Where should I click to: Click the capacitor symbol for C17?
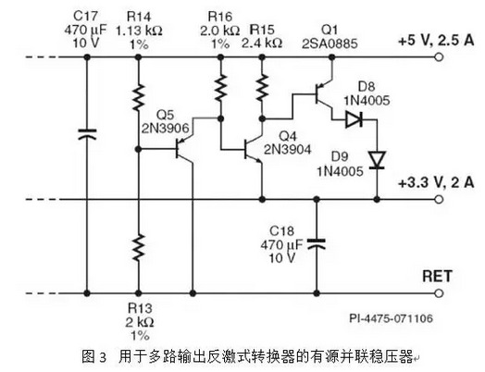tap(87, 134)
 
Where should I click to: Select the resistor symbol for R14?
tap(139, 97)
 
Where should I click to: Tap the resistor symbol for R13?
tap(139, 247)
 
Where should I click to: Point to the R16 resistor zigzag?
tap(220, 87)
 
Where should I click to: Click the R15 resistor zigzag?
tap(262, 87)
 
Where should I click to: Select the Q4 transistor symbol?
tap(254, 149)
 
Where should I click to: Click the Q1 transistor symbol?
tap(324, 93)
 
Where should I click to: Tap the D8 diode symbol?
tap(354, 119)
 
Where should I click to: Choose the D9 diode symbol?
tap(377, 160)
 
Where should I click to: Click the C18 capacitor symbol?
tap(317, 243)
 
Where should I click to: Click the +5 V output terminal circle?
tap(439, 57)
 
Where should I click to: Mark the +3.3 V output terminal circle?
tap(439, 200)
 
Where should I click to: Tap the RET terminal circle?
tap(439, 293)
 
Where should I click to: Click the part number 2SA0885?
tap(330, 43)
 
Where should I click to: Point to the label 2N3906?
tap(165, 128)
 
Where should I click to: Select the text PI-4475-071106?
tap(392, 318)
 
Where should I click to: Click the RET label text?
tap(437, 276)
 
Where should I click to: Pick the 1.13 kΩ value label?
tap(139, 31)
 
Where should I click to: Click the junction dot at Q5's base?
tap(139, 149)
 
